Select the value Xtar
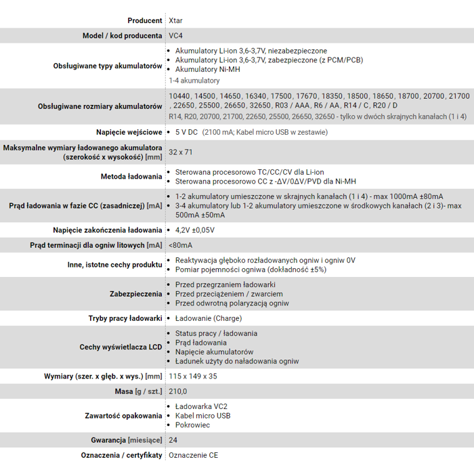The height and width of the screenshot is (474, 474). tap(175, 20)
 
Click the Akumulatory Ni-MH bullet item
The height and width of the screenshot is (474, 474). tap(207, 69)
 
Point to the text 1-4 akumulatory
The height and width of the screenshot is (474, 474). tap(194, 81)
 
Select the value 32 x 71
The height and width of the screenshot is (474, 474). tap(181, 152)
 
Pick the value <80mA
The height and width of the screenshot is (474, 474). tap(180, 245)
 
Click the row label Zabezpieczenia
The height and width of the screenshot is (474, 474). tap(135, 294)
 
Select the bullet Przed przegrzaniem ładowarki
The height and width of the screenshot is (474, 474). tap(225, 284)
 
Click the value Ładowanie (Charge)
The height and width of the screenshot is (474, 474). tap(208, 318)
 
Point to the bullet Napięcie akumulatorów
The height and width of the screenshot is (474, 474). tap(214, 352)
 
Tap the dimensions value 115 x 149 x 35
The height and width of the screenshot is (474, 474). tap(193, 376)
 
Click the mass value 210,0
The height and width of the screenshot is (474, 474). tap(177, 391)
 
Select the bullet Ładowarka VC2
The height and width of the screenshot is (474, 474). tap(201, 406)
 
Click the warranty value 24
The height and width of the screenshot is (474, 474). tap(173, 440)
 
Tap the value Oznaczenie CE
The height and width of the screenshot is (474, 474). tap(193, 455)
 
